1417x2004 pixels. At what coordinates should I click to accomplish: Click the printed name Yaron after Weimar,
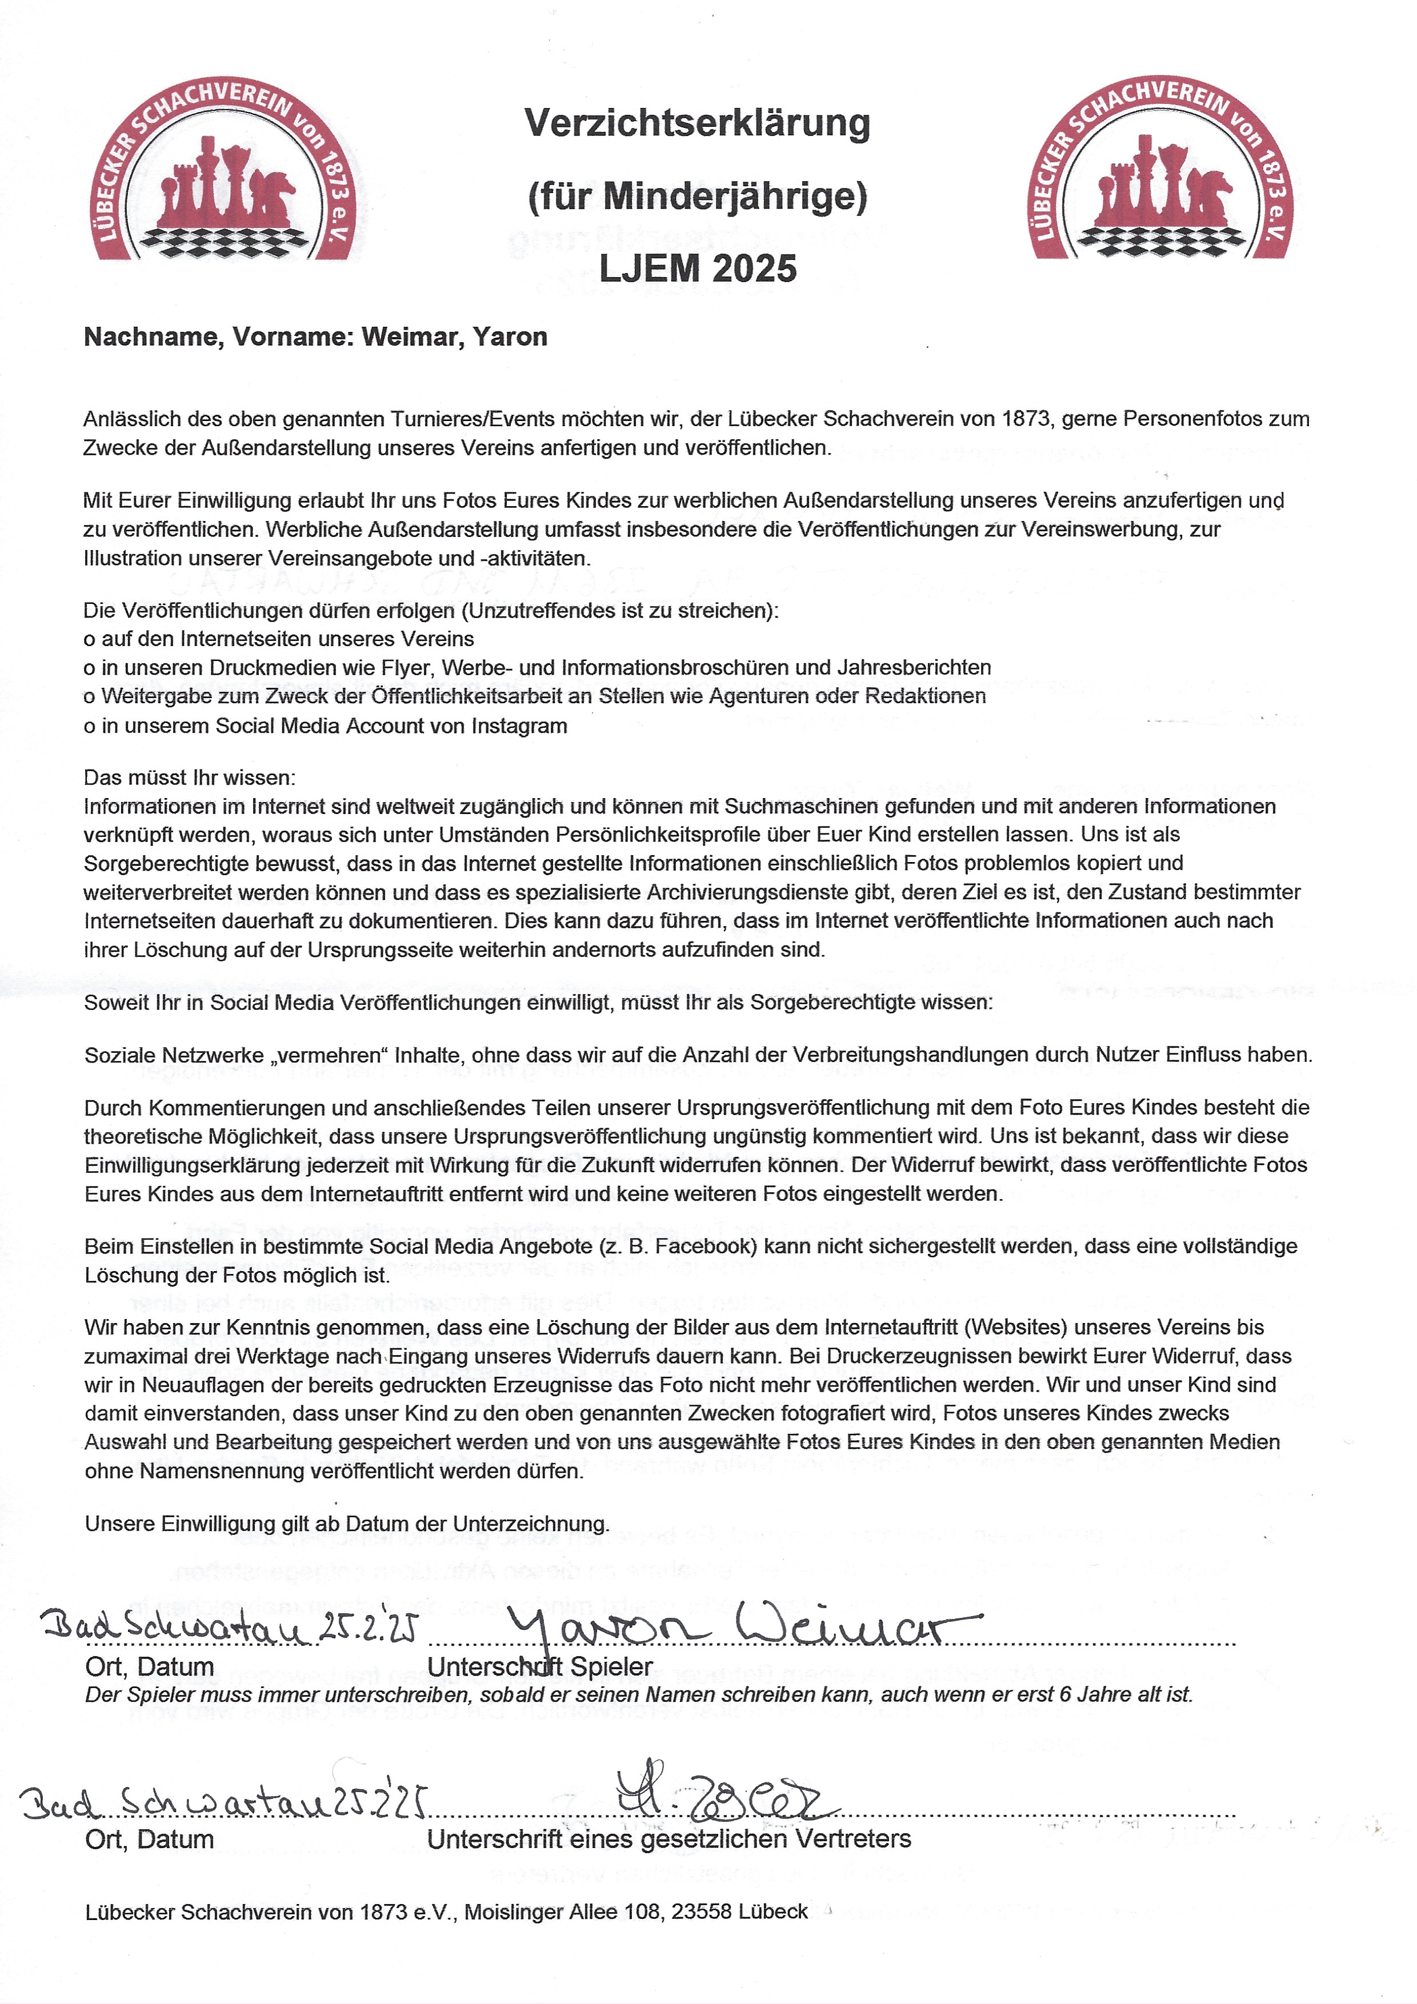(x=510, y=337)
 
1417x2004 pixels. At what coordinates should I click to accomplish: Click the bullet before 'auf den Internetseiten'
(x=89, y=640)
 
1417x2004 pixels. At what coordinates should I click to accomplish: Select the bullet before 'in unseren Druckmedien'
(x=89, y=668)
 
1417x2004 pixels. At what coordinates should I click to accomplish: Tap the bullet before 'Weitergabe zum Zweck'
(x=89, y=698)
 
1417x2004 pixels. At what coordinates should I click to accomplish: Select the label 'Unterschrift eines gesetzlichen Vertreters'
(x=669, y=1839)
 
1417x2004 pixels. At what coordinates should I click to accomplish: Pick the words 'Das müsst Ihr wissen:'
(x=190, y=777)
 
